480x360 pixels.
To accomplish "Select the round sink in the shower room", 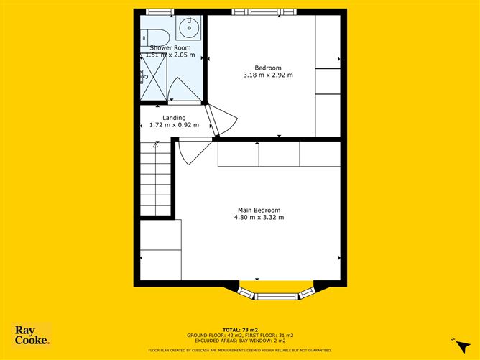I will (x=190, y=31).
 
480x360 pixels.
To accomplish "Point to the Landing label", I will (x=174, y=118).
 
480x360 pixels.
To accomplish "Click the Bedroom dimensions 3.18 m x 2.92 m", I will (x=269, y=75).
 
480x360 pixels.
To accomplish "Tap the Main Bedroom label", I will (x=259, y=210).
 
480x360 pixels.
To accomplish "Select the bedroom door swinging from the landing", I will (x=220, y=119).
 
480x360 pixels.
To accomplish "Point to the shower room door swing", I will (x=184, y=91).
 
